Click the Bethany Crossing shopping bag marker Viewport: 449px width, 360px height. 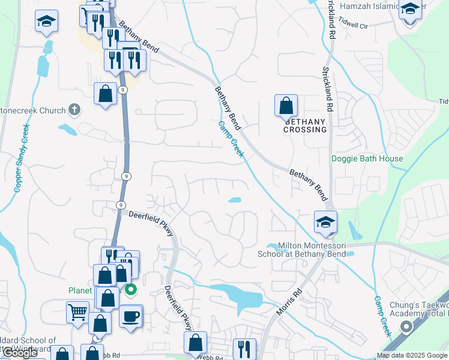click(286, 106)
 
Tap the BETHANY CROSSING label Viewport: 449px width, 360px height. click(305, 125)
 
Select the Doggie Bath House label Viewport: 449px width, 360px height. click(367, 159)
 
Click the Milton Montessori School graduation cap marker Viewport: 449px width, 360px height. click(325, 222)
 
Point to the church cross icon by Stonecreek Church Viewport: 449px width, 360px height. click(74, 109)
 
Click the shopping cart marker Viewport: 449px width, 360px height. click(78, 312)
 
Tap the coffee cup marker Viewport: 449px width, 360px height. click(131, 316)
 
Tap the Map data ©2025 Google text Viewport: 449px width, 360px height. click(411, 355)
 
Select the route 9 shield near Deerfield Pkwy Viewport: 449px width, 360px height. click(121, 205)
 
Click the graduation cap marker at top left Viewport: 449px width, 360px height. click(46, 22)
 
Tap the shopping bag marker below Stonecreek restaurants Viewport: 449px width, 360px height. click(106, 94)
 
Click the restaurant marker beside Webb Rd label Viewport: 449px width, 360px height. click(244, 349)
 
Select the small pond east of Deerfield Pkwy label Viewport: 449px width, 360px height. click(235, 200)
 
